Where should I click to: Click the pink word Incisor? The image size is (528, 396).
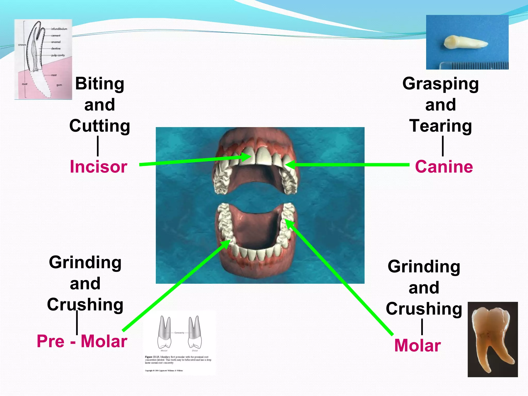click(98, 167)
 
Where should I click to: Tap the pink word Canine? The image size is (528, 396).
click(444, 167)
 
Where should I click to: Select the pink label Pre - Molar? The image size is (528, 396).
click(82, 341)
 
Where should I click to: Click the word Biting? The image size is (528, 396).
click(100, 84)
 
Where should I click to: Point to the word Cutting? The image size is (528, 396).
click(100, 126)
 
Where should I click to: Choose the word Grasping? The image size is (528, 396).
click(440, 84)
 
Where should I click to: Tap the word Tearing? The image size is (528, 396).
click(440, 126)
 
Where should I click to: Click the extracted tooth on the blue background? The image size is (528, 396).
click(466, 43)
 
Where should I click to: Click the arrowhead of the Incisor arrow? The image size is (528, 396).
click(248, 156)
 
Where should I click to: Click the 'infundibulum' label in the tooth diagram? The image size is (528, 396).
click(59, 29)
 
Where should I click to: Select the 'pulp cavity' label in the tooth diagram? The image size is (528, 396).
click(58, 55)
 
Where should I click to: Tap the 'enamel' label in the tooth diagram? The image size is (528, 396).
click(56, 42)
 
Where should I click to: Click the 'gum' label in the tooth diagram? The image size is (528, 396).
click(59, 85)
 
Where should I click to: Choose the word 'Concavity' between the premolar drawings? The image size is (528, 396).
click(179, 333)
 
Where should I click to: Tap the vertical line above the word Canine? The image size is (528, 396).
click(443, 146)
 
